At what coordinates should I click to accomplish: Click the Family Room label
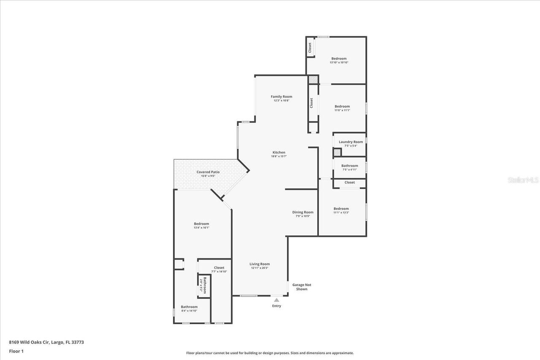[x=281, y=97]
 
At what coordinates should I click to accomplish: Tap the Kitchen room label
[x=278, y=153]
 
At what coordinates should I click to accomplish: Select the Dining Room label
[x=303, y=212]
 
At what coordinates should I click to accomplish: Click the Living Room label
[x=259, y=264]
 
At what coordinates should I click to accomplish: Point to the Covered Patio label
[x=208, y=172]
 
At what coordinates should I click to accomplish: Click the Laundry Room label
[x=351, y=142]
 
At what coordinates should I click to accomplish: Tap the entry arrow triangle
[x=276, y=300]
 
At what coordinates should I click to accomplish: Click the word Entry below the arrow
[x=276, y=306]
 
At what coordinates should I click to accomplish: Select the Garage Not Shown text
[x=302, y=287]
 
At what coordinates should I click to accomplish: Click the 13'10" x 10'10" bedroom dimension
[x=339, y=62]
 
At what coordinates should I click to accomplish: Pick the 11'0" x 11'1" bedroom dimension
[x=342, y=110]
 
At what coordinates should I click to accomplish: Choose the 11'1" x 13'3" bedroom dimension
[x=341, y=212]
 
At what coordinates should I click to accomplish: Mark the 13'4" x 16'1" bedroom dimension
[x=201, y=228]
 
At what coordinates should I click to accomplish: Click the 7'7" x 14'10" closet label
[x=219, y=271]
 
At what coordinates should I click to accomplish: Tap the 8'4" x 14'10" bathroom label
[x=189, y=311]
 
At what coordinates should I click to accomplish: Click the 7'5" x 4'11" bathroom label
[x=349, y=169]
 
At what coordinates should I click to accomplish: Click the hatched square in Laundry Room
[x=337, y=153]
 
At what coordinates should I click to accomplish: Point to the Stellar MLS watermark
[x=523, y=180]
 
